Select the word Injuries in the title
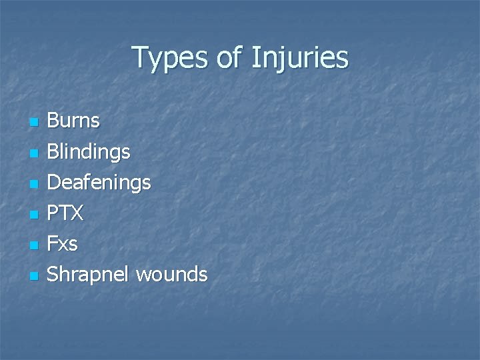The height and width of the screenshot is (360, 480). (x=300, y=59)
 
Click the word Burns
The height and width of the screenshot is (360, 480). (x=73, y=121)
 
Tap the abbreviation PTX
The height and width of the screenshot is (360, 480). (x=65, y=213)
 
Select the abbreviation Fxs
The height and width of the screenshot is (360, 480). (x=62, y=244)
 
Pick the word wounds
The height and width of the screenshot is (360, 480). (x=171, y=274)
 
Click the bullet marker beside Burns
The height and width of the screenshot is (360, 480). (x=33, y=123)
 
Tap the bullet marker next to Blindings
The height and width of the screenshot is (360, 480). (x=33, y=153)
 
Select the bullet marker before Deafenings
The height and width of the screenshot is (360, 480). (x=33, y=184)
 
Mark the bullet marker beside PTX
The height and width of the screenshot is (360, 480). (x=33, y=215)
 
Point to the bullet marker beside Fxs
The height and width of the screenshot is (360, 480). (x=33, y=245)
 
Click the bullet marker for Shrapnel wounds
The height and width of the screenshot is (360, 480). (x=33, y=275)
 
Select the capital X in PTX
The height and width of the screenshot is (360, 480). (x=77, y=213)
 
